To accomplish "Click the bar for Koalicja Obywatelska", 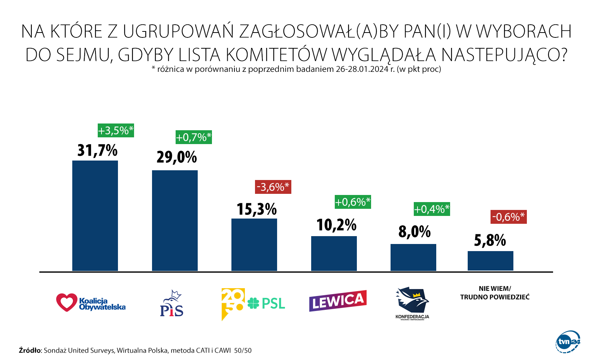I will pos(95,216).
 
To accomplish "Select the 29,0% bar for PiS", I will pos(175,220).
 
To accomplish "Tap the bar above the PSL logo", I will pos(254,244).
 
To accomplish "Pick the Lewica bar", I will pos(334,253).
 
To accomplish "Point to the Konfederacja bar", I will pos(413,257).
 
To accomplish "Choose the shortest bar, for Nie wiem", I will pos(491,261).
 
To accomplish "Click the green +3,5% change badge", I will pos(116,130).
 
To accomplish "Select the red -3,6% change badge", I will pos(273,187).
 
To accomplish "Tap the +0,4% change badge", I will pos(432,209).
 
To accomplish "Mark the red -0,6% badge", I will pos(509,217).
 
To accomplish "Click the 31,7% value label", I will pos(97,150).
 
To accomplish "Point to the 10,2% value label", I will pos(336,225).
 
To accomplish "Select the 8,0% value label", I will pos(415,232).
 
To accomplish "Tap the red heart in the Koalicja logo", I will pos(66,302).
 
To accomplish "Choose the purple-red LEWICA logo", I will pos(338,300).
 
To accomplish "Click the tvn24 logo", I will pos(568,342).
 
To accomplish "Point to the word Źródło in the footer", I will pos(30,351).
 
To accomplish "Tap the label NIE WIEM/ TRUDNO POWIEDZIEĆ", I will pos(495,293).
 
